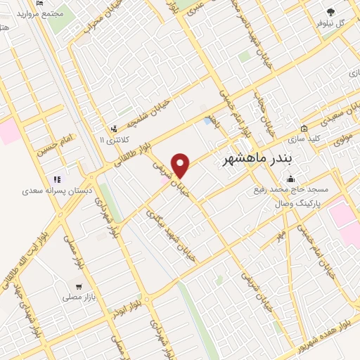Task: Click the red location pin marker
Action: [181, 165]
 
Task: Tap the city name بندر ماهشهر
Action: [257, 159]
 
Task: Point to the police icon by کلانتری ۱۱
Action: [113, 129]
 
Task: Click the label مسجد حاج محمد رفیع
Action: [289, 190]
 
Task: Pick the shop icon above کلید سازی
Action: [304, 128]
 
